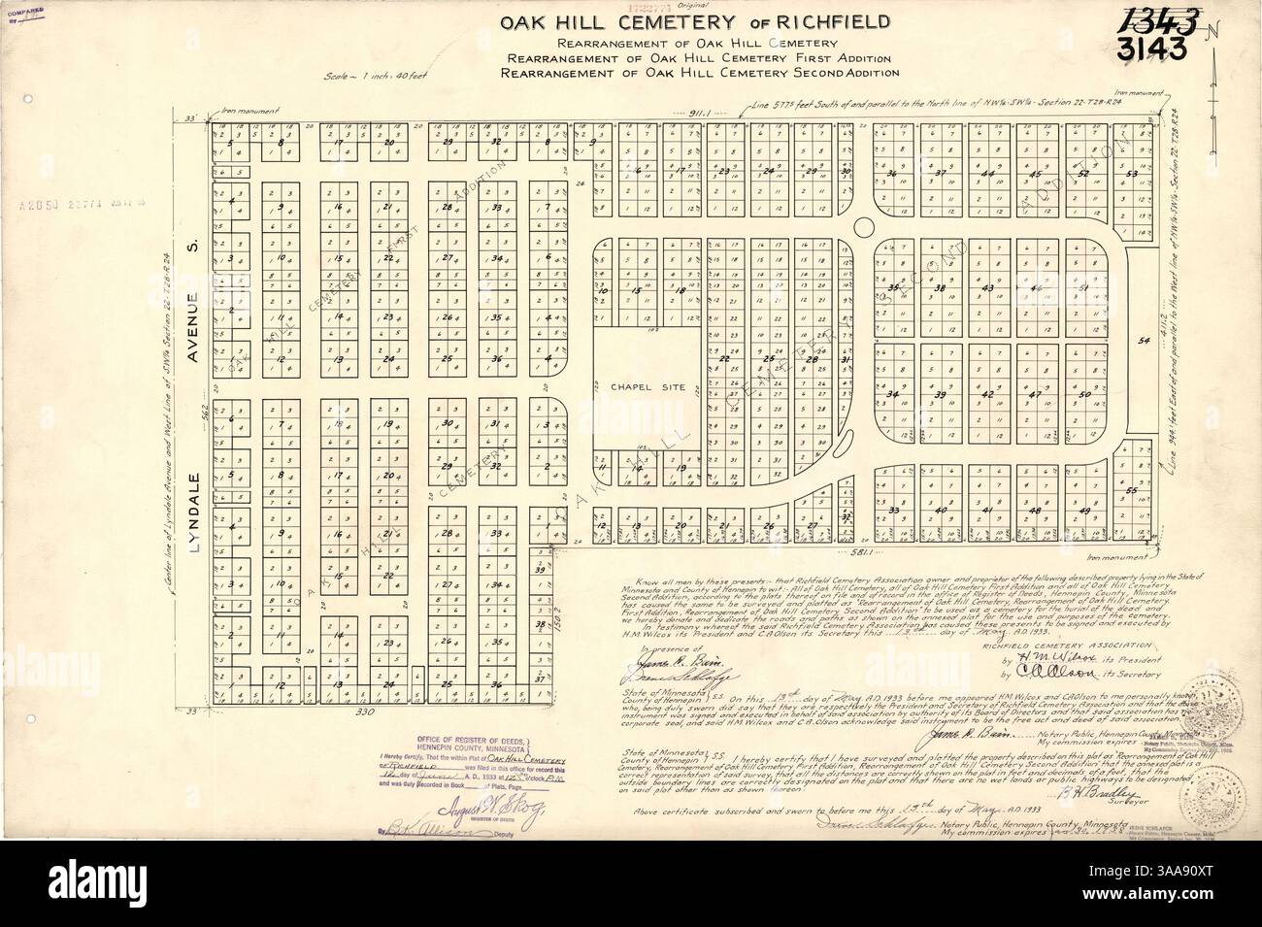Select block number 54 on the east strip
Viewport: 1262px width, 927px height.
coord(1143,341)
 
